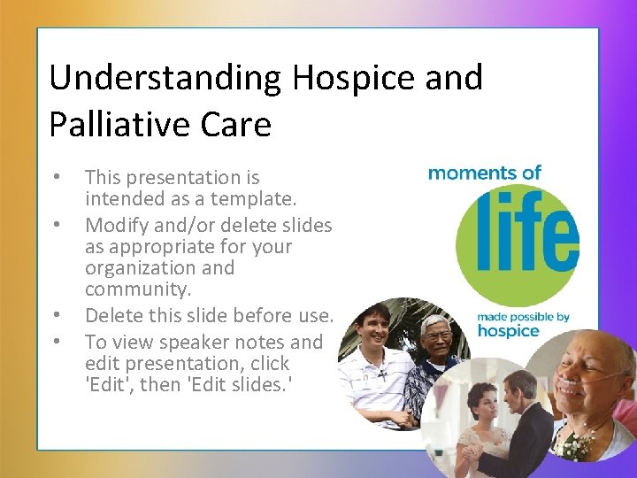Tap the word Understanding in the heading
pyautogui.click(x=164, y=78)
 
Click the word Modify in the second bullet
pyautogui.click(x=116, y=225)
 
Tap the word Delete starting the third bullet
pyautogui.click(x=116, y=315)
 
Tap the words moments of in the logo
pyautogui.click(x=484, y=172)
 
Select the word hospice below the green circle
pyautogui.click(x=508, y=331)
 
